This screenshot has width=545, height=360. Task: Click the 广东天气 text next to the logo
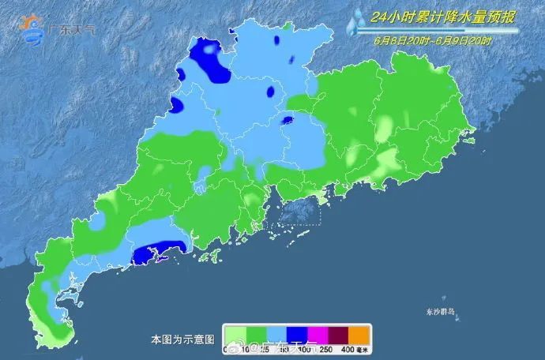pos(73,31)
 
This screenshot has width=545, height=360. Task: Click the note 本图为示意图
pos(182,339)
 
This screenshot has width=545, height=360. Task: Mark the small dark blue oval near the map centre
pos(288,122)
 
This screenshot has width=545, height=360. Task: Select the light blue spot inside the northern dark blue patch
pos(209,50)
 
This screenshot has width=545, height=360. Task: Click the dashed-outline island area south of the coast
pos(298,212)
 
